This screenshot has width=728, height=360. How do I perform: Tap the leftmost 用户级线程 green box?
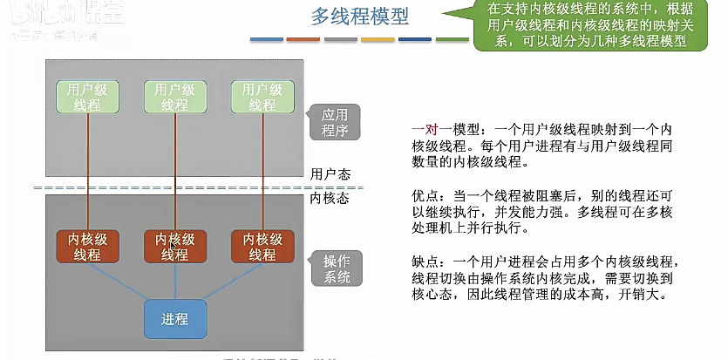coord(88,97)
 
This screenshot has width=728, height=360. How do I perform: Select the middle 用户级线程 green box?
coord(175,97)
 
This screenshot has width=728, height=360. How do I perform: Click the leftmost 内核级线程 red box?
coord(88,247)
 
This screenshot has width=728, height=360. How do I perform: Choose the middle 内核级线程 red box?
coord(175,247)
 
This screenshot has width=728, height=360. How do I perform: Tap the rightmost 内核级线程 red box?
coord(262,247)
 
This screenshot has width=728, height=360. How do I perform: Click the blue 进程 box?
coord(175,319)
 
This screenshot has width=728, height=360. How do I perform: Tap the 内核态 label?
coord(330,198)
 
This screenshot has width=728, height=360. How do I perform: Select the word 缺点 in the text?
coord(425,261)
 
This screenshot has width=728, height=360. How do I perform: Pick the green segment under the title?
coord(452,40)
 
